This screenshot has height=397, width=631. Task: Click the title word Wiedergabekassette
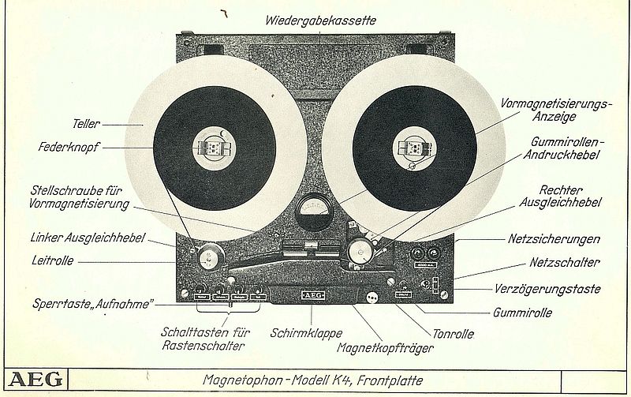tap(320, 19)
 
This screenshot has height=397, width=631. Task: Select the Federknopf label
tap(69, 147)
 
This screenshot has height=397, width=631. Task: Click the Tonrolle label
tap(453, 334)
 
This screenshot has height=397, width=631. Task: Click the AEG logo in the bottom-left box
tap(36, 380)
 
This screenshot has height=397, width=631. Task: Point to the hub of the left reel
tap(214, 147)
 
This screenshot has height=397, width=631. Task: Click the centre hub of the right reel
tap(414, 148)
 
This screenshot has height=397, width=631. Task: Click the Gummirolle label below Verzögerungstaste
tap(522, 313)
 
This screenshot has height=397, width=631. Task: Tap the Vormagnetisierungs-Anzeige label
tap(545, 110)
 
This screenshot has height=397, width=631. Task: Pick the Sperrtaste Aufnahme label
tap(91, 302)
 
